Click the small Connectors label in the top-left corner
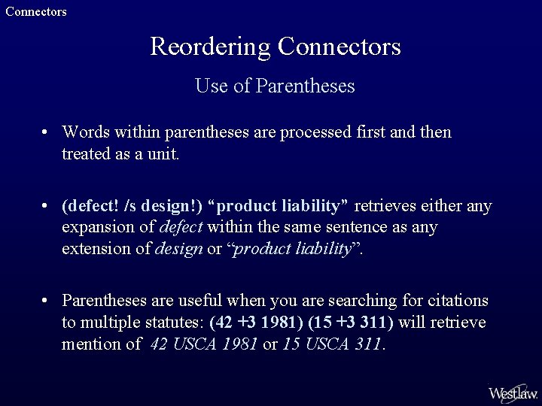(36, 11)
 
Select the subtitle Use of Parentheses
(275, 86)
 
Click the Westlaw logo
(512, 392)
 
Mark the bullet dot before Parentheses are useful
(46, 301)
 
